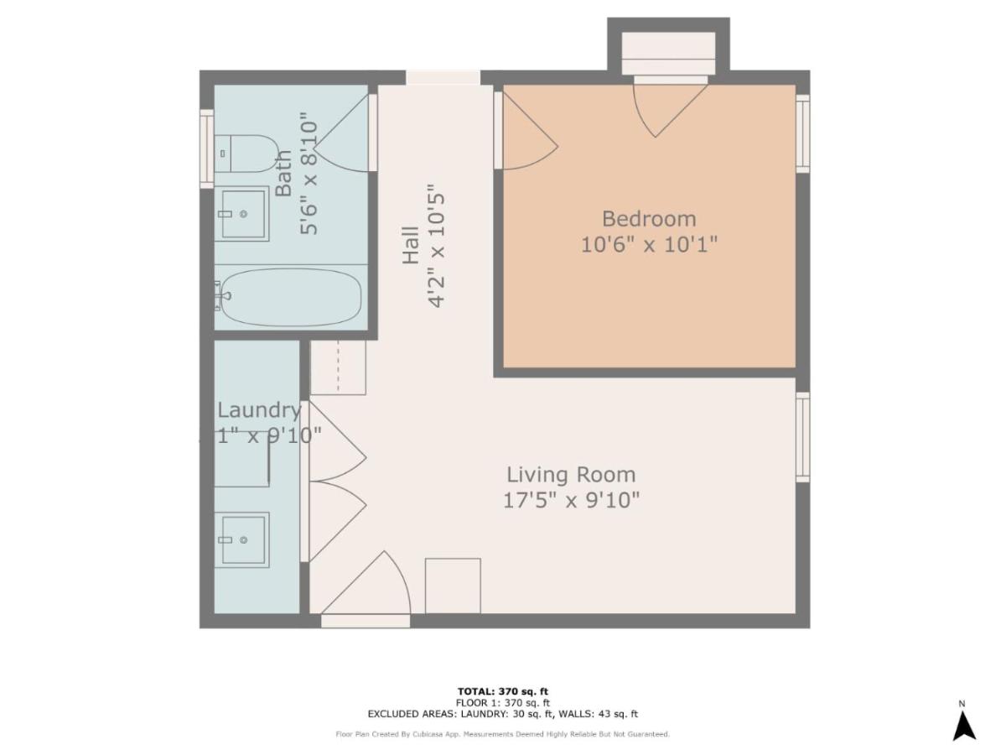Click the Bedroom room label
(x=649, y=219)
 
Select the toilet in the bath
(x=246, y=154)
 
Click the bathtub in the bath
(x=290, y=297)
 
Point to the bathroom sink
(x=242, y=214)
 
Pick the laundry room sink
(x=242, y=539)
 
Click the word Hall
(x=411, y=246)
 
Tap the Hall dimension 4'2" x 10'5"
(x=437, y=246)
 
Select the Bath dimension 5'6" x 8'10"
(x=309, y=178)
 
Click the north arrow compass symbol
(x=964, y=724)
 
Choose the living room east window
(x=802, y=437)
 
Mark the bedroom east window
(x=802, y=133)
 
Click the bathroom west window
(x=206, y=148)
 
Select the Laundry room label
(x=258, y=410)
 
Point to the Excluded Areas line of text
(x=502, y=714)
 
